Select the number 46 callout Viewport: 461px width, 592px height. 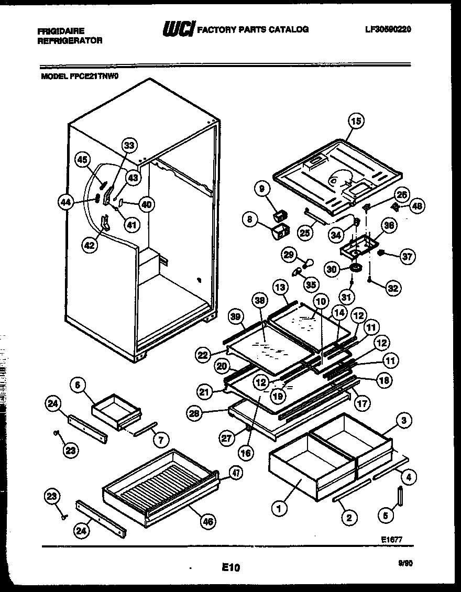(208, 522)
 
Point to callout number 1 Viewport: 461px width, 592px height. (279, 508)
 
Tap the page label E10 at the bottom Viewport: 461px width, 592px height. (230, 567)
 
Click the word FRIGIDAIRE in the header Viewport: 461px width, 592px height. (61, 31)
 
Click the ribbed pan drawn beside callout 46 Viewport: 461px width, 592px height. (157, 485)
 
